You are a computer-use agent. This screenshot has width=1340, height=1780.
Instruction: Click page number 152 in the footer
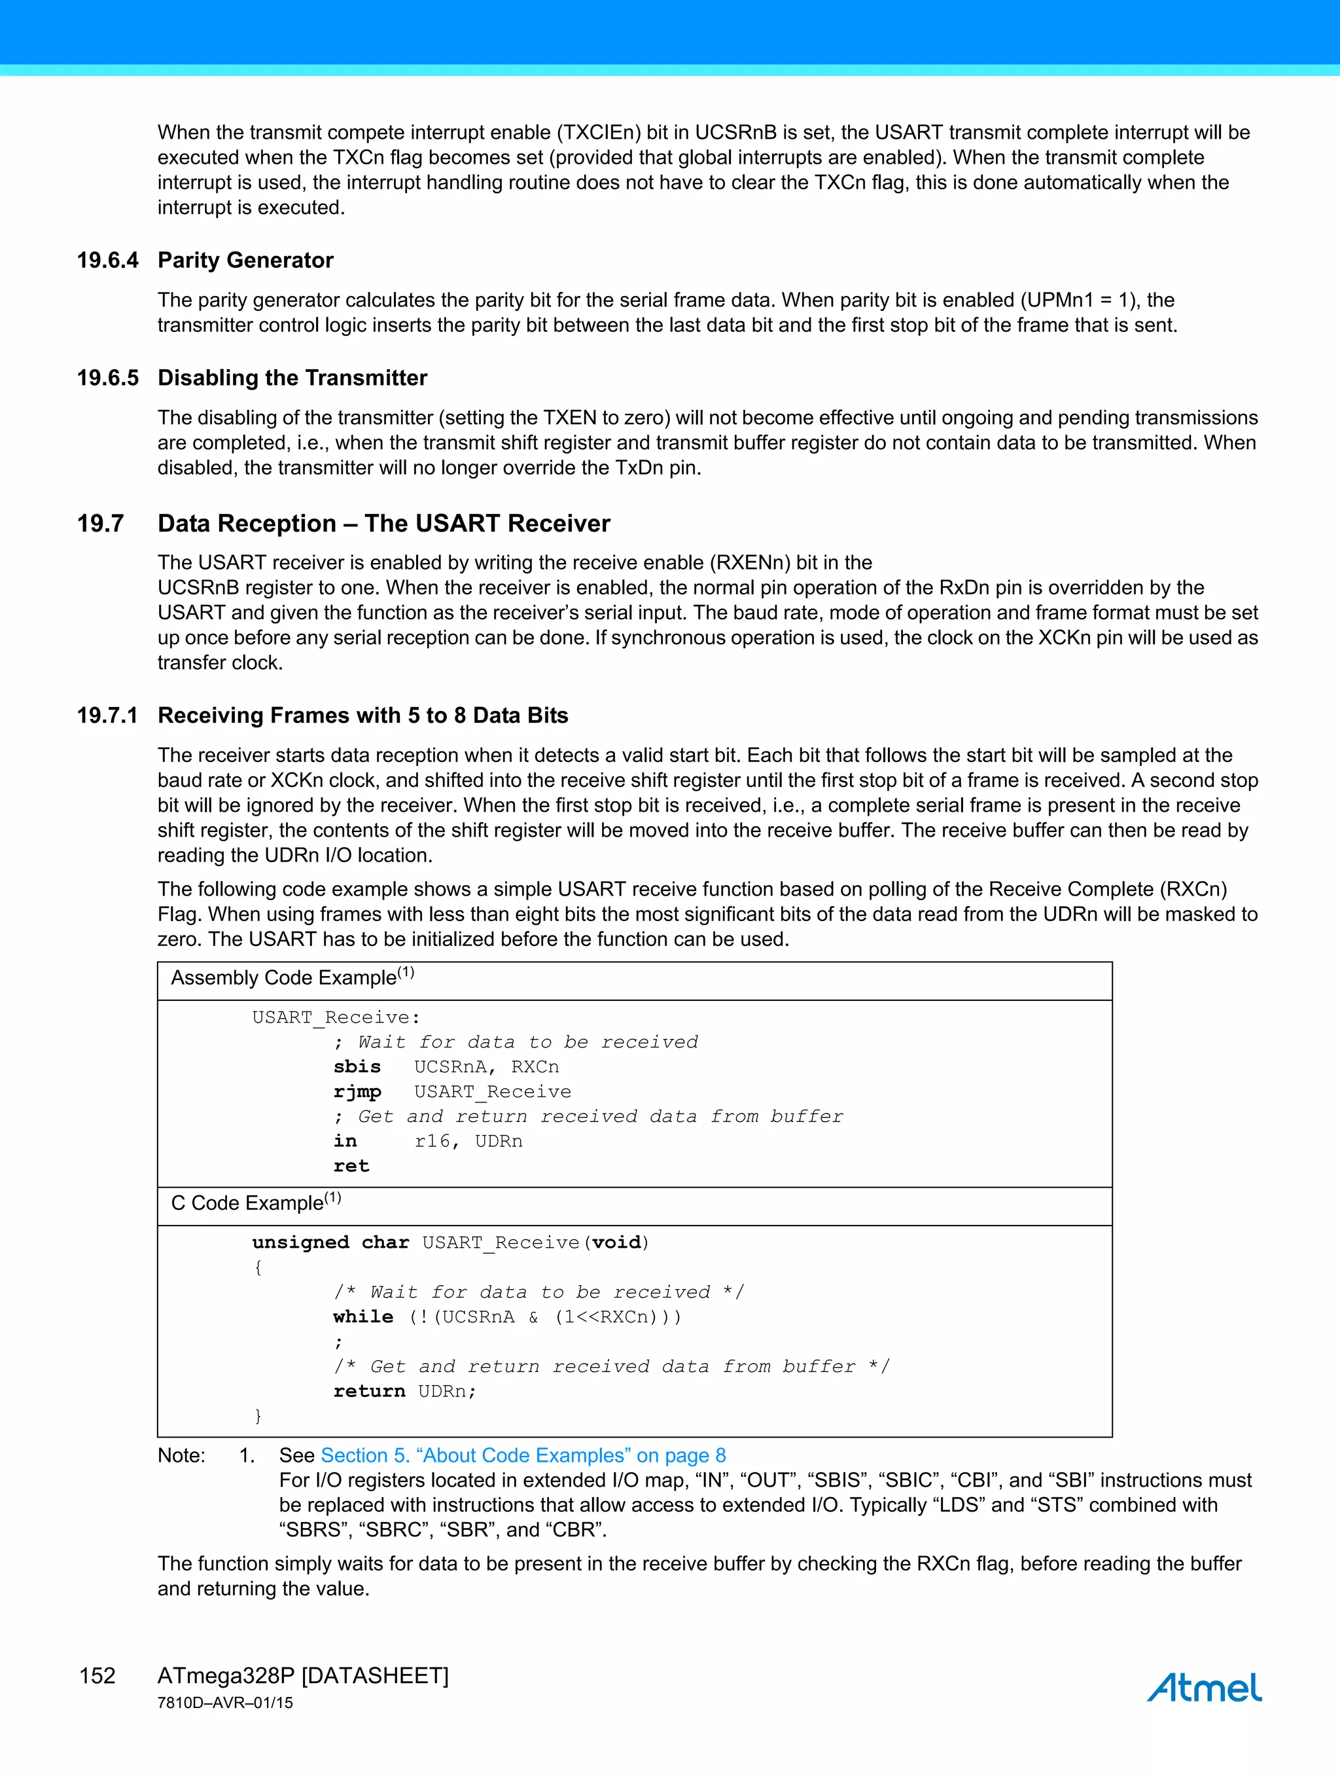pos(97,1675)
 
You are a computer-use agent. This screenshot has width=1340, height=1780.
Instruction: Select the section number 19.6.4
pos(107,260)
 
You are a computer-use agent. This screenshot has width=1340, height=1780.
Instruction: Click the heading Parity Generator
pos(245,260)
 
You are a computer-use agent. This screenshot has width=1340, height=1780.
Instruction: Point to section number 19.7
pos(101,523)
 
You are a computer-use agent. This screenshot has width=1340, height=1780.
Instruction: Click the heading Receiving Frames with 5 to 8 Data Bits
pos(362,716)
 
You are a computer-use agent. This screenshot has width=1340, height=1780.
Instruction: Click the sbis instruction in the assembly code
pos(357,1066)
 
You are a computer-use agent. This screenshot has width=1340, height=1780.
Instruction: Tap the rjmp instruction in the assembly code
pos(357,1092)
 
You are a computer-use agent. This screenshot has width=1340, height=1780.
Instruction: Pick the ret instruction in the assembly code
pos(351,1166)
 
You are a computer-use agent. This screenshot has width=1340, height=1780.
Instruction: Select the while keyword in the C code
pos(362,1317)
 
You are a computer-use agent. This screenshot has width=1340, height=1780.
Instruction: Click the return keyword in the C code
pos(369,1390)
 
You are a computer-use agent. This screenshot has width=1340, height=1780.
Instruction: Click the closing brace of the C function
pos(257,1415)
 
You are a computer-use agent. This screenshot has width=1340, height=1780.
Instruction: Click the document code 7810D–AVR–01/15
pos(225,1703)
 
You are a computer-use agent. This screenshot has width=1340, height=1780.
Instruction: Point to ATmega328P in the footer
pos(226,1675)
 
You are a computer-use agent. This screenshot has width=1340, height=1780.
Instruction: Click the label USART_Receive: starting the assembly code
pos(336,1017)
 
